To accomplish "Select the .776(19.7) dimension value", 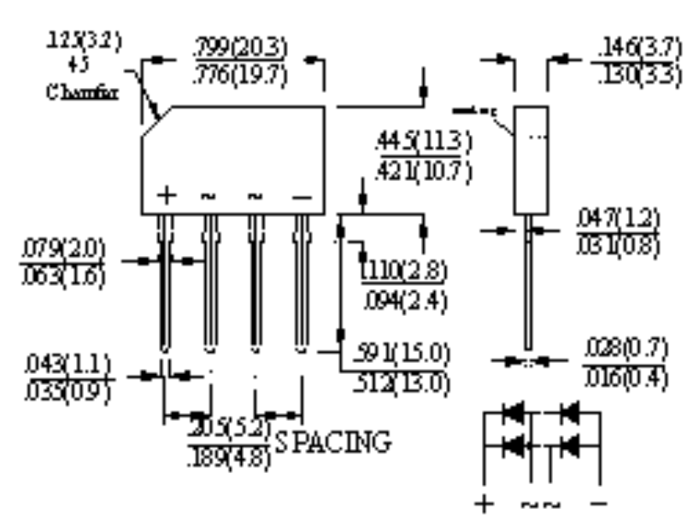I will pos(239,74).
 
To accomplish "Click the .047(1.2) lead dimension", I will pos(618,218).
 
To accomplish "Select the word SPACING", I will pos(333,443).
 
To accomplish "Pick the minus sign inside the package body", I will pos(301,196).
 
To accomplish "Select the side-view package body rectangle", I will pos(530,160).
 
